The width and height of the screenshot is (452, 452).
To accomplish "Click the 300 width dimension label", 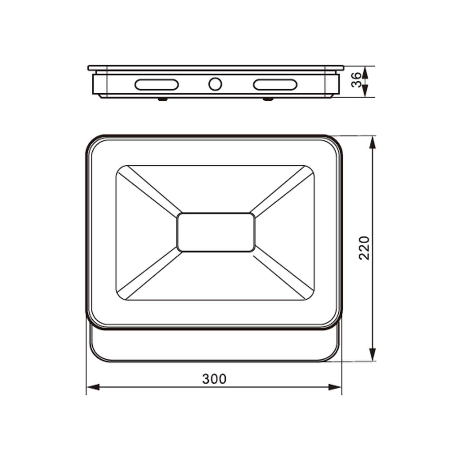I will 214,379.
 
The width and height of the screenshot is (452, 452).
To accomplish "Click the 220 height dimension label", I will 365,248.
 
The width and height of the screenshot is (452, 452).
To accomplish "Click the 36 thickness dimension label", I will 356,80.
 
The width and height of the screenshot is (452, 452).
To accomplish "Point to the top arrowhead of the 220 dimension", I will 373,142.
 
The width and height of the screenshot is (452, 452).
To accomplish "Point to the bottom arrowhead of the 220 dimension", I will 373,354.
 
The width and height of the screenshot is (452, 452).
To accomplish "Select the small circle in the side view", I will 215,84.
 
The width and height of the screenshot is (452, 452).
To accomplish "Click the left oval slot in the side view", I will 157,85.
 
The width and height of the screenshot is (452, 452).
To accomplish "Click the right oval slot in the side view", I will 275,85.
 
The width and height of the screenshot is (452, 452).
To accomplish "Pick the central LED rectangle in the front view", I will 216,232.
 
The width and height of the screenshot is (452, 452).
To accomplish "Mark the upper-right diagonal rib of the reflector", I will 282,190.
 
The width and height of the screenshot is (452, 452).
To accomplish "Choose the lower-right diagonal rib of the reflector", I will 282,275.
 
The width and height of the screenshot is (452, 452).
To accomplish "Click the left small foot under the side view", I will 163,99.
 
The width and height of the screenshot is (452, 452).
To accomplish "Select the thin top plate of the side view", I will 216,68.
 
